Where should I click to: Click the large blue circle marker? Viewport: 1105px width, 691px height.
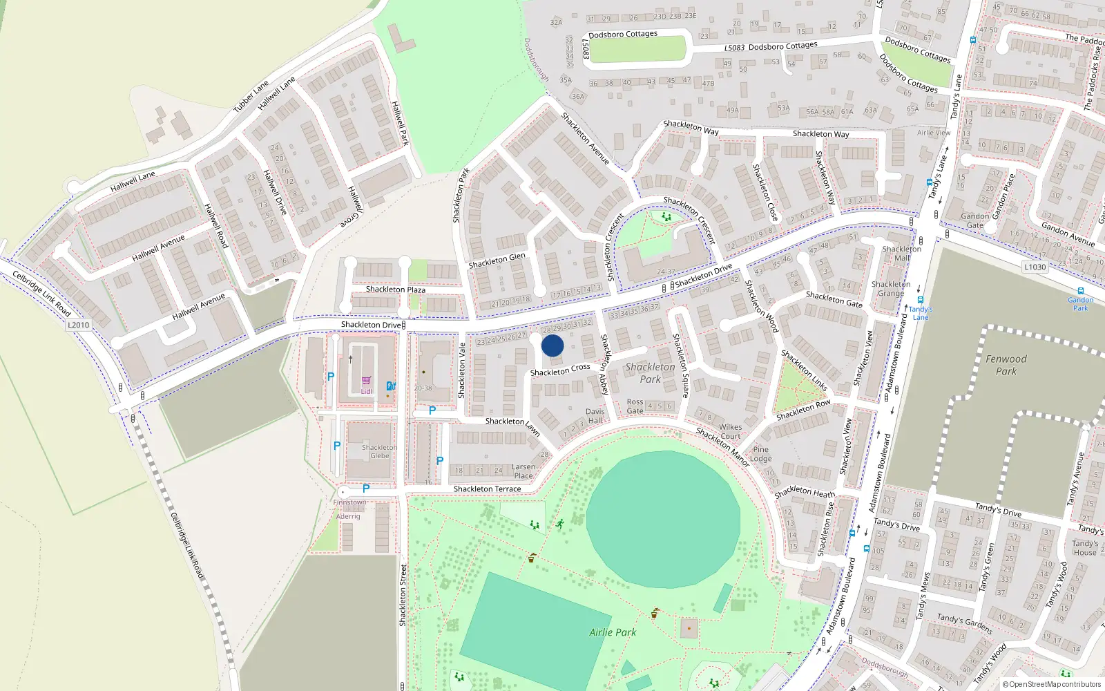(x=552, y=345)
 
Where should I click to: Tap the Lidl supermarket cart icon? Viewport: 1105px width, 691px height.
(x=366, y=381)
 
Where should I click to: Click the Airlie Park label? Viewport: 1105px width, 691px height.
(x=613, y=632)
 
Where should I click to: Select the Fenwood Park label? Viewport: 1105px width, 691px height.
(x=1006, y=365)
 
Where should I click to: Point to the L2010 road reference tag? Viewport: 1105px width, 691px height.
(x=78, y=325)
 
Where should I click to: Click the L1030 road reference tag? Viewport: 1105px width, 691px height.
(x=1035, y=267)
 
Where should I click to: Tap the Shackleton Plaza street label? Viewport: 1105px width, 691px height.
(x=396, y=290)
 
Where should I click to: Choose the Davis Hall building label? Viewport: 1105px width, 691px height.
(x=595, y=415)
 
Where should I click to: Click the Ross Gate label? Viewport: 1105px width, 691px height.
(x=635, y=406)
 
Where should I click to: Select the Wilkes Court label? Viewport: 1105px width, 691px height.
(x=730, y=431)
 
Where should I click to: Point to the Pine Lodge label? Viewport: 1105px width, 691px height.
(x=760, y=453)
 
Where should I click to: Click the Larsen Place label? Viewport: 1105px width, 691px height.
(x=523, y=471)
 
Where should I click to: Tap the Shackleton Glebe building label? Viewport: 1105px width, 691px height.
(x=379, y=451)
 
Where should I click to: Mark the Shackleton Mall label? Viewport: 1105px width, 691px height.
(x=901, y=253)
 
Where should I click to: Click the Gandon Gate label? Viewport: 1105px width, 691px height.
(x=974, y=220)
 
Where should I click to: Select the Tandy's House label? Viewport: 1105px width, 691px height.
(x=1084, y=547)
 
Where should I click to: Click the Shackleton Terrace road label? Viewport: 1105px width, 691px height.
(x=487, y=489)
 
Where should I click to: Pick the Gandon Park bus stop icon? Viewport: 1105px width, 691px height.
(x=1081, y=291)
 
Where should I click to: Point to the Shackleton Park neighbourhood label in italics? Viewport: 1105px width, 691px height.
(x=650, y=373)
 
